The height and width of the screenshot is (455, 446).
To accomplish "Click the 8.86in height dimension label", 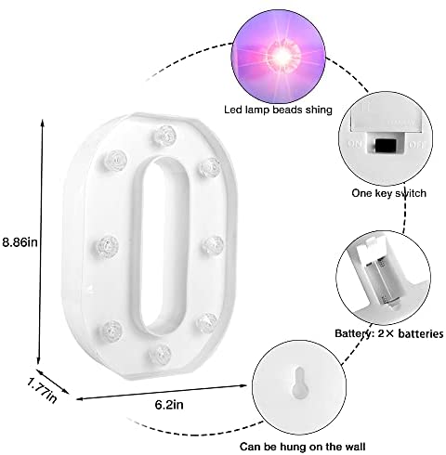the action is (x=20, y=241).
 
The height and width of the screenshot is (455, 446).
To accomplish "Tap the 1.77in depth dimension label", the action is (x=42, y=390).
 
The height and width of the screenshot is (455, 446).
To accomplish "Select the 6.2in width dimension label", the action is (x=169, y=405).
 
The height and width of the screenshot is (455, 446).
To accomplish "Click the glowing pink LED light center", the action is (x=282, y=56).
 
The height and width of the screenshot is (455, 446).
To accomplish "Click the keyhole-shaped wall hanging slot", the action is (x=300, y=383).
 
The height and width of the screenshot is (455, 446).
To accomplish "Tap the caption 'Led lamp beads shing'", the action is (x=278, y=110).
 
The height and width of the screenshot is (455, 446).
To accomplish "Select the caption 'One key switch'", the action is (x=388, y=193).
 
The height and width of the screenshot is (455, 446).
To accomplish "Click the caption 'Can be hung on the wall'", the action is (x=302, y=447).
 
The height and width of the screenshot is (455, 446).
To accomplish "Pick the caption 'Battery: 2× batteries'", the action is (x=389, y=333).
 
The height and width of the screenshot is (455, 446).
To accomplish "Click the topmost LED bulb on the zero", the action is (x=164, y=136).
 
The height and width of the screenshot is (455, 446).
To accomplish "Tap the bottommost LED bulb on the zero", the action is (x=160, y=354).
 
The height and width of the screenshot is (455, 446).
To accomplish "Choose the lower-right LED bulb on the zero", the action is (x=206, y=323).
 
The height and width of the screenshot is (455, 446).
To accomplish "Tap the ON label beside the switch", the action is (x=355, y=144).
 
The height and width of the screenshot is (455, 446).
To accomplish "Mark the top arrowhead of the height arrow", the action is (x=43, y=122).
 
